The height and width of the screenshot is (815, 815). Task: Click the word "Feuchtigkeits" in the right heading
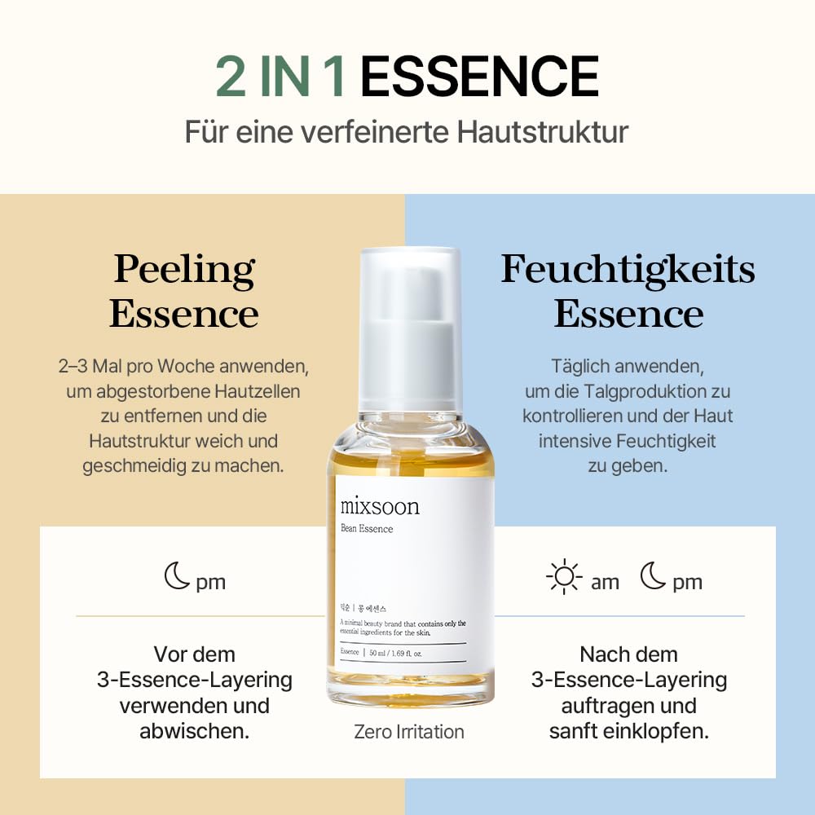628,270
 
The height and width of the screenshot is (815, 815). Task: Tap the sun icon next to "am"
564,578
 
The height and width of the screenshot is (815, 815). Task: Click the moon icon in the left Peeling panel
177,578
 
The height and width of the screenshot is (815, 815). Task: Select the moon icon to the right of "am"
653,578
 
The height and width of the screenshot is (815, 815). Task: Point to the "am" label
605,582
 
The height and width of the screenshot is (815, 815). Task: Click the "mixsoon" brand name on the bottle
380,506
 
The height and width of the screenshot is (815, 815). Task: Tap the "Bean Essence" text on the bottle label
367,529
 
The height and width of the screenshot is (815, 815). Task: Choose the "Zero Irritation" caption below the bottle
409,732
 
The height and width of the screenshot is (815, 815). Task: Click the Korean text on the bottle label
363,608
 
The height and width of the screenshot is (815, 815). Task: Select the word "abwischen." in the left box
194,731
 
